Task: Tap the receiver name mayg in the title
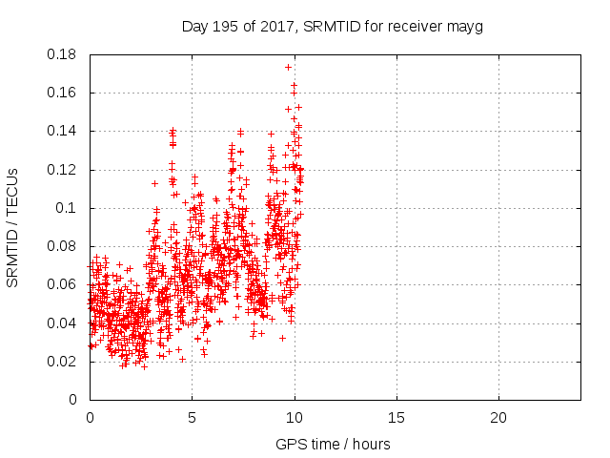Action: [467, 27]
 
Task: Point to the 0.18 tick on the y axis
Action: [65, 54]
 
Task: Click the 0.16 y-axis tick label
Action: [65, 93]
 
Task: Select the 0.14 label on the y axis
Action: [65, 131]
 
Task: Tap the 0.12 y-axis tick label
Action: [65, 170]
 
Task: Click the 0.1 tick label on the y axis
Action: [69, 208]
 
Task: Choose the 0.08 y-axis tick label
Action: [65, 246]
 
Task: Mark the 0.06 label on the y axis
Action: [65, 284]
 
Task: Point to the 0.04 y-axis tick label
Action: [65, 323]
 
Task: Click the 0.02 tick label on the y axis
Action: [65, 362]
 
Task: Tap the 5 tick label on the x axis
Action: [192, 418]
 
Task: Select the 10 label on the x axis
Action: [294, 418]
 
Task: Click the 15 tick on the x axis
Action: [396, 418]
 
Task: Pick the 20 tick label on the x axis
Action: [498, 418]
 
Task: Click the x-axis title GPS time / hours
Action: [334, 445]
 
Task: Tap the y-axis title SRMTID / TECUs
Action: [12, 227]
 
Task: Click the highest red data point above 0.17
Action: [288, 67]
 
